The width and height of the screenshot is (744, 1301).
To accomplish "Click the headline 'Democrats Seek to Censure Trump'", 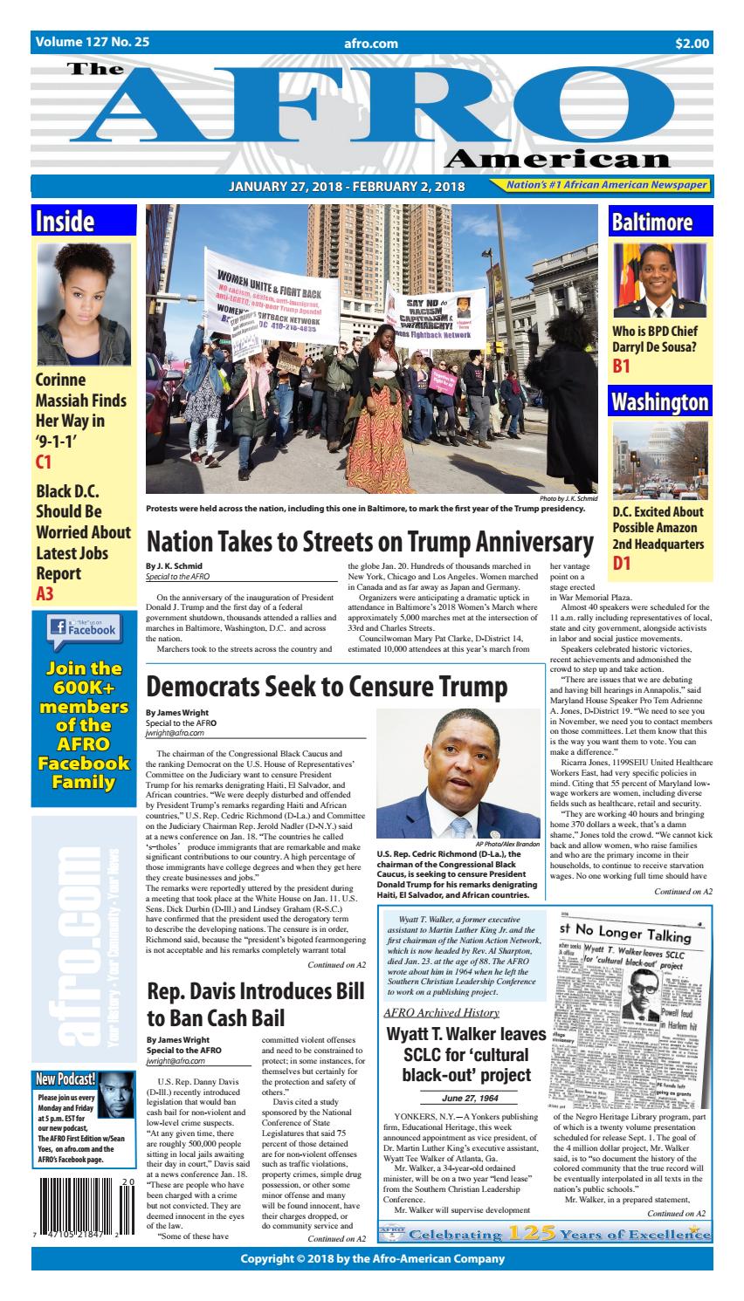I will tap(327, 687).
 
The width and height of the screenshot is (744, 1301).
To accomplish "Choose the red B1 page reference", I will tap(621, 366).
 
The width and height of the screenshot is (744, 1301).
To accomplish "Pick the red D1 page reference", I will tap(622, 565).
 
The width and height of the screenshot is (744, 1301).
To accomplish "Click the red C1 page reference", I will tap(45, 463).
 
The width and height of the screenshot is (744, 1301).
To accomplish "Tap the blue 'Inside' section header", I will tap(65, 222).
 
